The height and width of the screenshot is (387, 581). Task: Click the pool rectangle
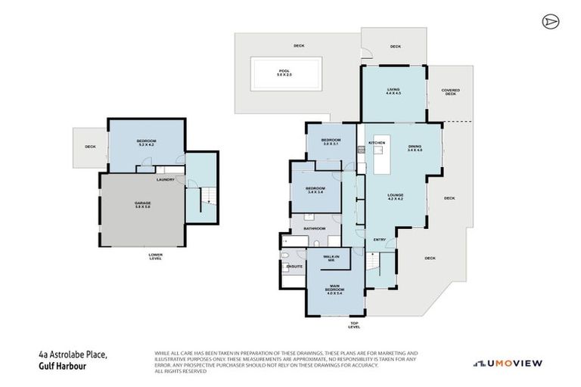284,74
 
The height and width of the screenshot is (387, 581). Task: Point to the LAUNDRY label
165,179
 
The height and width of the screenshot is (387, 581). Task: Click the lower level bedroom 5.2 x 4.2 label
146,143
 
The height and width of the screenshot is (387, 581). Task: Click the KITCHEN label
377,143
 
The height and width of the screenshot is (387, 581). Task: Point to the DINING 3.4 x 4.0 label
414,148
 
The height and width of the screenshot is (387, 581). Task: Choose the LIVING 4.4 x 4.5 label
393,91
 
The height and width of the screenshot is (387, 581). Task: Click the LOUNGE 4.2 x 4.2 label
395,198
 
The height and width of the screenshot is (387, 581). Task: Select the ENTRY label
381,240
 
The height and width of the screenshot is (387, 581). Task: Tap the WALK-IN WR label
330,259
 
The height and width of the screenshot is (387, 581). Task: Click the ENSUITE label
294,267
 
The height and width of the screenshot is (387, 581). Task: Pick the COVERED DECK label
451,92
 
